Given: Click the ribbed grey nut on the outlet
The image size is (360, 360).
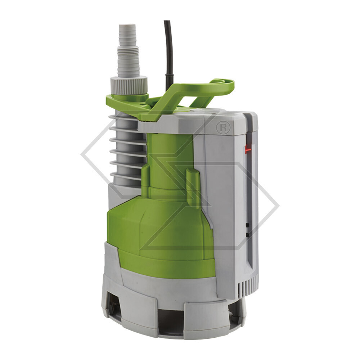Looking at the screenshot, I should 129,85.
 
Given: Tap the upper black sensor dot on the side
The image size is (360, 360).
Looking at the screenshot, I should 247,225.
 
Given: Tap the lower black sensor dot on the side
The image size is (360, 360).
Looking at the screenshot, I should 247,235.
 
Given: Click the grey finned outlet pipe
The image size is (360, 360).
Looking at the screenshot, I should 126,151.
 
